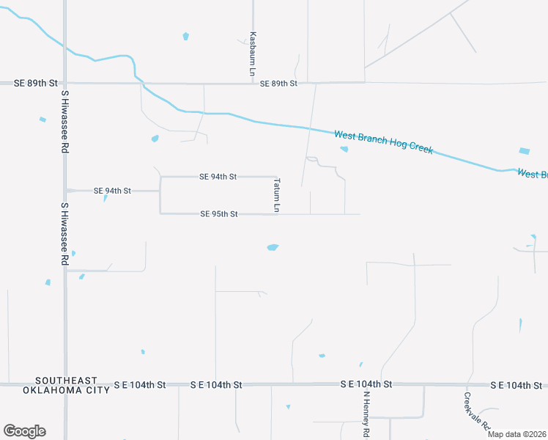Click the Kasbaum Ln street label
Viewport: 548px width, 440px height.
(252, 54)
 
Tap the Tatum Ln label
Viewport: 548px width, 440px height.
(277, 194)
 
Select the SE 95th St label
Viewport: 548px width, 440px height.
(218, 214)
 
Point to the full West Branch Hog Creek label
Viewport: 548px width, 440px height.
(383, 142)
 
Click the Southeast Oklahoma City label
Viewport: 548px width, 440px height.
(67, 385)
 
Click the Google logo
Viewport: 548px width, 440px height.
(24, 431)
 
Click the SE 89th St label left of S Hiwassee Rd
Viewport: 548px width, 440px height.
(35, 84)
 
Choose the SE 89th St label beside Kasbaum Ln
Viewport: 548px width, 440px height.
(278, 84)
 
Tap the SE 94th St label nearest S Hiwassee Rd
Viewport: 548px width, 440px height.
(112, 191)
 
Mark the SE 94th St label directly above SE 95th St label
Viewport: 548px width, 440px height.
(218, 177)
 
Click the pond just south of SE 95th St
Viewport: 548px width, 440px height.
(273, 247)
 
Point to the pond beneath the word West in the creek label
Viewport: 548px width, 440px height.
(344, 150)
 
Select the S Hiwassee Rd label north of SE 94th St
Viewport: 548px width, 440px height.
(64, 122)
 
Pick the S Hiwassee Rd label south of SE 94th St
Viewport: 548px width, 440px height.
(64, 234)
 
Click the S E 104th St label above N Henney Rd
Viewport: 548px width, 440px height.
(366, 384)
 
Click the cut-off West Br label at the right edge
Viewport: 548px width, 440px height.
(533, 174)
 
